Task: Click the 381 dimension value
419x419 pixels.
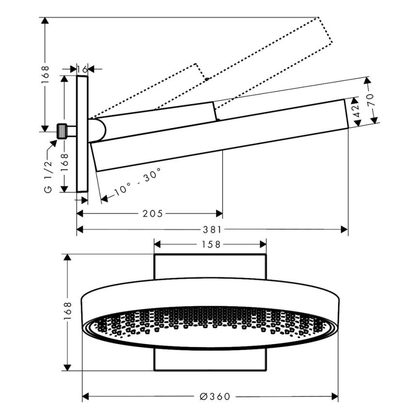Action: point(212,229)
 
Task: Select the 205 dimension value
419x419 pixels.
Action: point(152,214)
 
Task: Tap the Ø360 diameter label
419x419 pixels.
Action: point(215,396)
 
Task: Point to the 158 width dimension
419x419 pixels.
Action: point(211,244)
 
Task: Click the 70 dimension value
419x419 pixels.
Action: point(371,100)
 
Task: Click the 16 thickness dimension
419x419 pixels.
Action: point(82,70)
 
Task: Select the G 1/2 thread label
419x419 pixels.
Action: point(48,177)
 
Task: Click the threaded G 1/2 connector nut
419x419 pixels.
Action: point(62,131)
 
